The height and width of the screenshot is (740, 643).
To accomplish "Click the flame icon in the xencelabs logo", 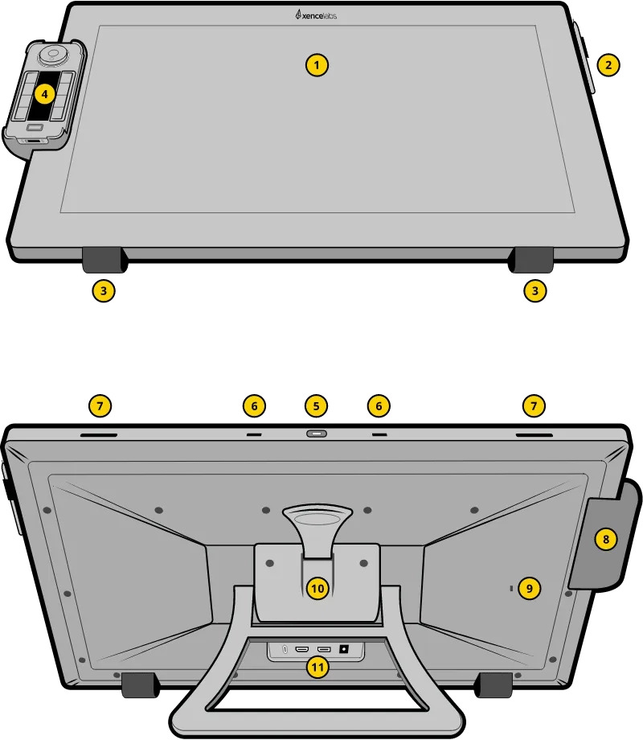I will [299, 14].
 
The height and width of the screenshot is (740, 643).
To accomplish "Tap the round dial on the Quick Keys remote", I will [53, 55].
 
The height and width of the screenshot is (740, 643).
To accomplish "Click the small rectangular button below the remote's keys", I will [36, 127].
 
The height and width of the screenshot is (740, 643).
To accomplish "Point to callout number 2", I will [608, 65].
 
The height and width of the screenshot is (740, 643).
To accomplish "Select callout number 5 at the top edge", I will [316, 406].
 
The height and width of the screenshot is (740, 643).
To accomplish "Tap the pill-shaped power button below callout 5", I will [316, 434].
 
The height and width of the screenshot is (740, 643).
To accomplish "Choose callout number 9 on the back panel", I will [529, 589].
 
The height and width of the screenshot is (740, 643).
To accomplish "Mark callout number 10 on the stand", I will [317, 589].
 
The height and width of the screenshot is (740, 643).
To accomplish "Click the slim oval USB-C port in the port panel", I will [285, 648].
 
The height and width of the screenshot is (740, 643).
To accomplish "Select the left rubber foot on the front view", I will [103, 260].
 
